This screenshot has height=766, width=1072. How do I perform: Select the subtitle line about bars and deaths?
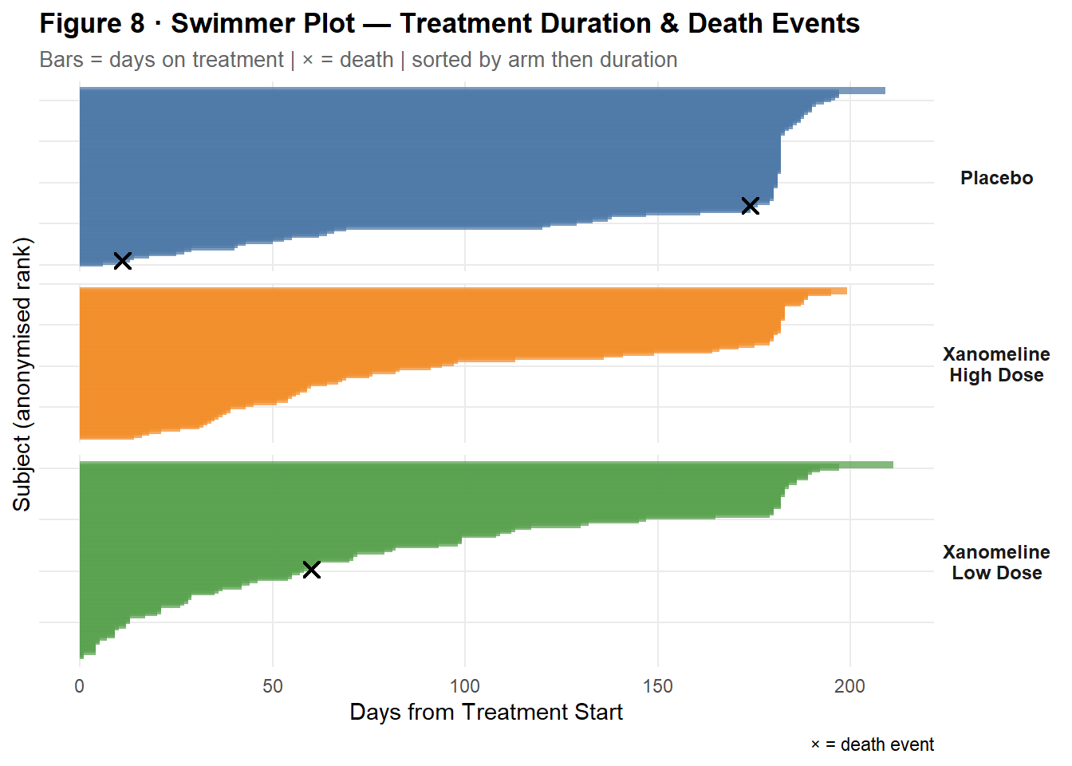358,60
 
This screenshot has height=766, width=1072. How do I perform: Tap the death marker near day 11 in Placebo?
122,261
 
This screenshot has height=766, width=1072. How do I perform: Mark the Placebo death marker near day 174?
750,206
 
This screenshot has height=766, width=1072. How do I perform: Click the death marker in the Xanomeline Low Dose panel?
312,569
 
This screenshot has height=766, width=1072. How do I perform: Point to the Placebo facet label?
996,178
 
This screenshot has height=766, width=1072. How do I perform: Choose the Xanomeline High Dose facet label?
996,365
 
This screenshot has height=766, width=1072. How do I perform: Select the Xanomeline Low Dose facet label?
996,563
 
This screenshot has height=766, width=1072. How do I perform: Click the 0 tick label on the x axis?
80,686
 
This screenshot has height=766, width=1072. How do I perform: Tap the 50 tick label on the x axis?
273,686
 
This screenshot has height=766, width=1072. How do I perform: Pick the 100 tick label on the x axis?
465,686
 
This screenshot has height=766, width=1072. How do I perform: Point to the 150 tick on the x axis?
658,686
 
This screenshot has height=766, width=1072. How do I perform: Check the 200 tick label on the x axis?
849,686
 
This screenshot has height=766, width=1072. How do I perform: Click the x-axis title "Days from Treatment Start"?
486,713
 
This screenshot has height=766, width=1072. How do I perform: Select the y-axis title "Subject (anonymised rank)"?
22,374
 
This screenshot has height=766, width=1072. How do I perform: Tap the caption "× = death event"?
872,744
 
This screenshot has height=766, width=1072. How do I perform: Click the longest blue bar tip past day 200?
882,91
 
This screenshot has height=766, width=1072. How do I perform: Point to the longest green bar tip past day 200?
890,465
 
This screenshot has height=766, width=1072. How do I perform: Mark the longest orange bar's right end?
845,291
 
